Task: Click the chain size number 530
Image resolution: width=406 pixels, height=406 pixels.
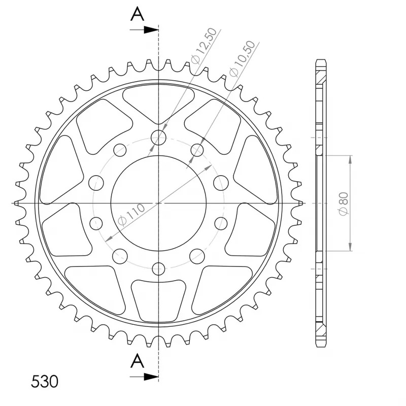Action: tap(45, 381)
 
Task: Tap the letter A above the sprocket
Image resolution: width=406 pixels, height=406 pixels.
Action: tap(137, 15)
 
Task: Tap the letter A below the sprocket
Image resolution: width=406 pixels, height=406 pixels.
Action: tap(137, 361)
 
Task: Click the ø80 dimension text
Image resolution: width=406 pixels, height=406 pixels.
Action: tap(343, 204)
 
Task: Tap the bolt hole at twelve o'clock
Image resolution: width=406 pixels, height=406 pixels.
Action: tap(159, 137)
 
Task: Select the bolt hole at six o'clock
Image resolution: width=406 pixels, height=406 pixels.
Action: tap(159, 269)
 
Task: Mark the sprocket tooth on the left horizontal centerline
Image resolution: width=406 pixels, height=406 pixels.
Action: tap(18, 203)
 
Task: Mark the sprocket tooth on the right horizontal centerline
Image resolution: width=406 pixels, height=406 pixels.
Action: tap(300, 203)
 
